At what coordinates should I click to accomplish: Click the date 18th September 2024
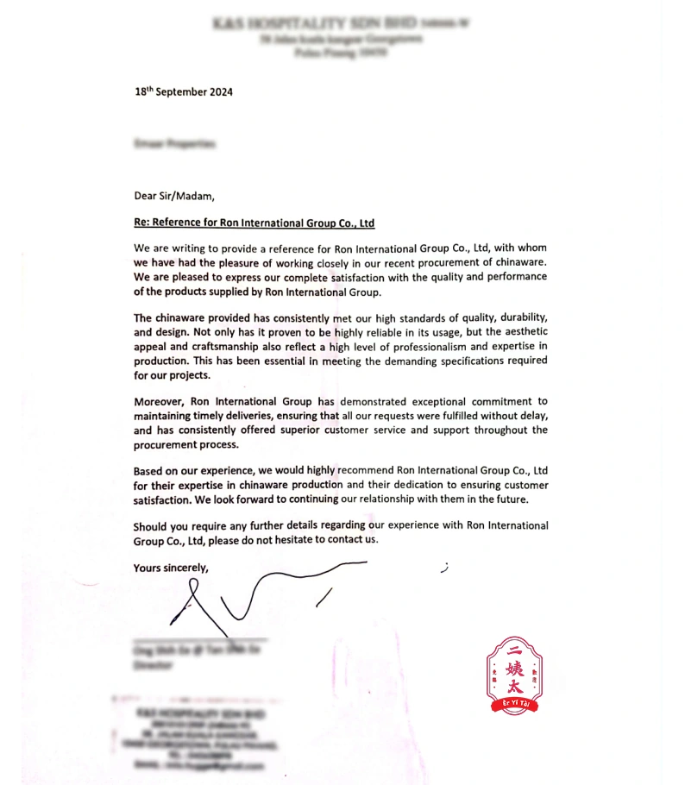coord(184,91)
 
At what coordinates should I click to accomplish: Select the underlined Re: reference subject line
coord(255,223)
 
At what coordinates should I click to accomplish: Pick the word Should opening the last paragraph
coord(152,525)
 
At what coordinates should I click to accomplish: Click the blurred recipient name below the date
coord(175,144)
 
